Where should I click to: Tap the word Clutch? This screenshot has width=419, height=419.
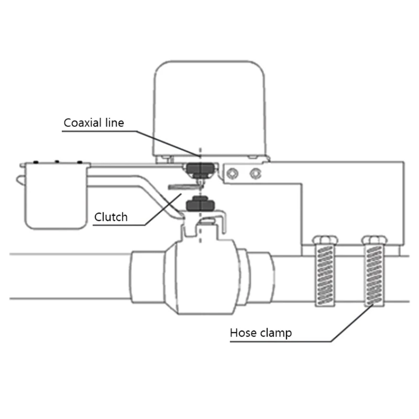[x=111, y=217]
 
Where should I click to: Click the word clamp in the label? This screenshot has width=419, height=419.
[x=276, y=333]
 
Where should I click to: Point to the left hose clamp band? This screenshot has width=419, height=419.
[x=325, y=275]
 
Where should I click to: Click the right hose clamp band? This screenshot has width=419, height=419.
[x=374, y=275]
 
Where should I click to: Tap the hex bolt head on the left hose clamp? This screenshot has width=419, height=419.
[x=325, y=240]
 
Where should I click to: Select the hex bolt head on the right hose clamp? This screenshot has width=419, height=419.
[x=374, y=240]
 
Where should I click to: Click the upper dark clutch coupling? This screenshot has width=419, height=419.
[x=201, y=170]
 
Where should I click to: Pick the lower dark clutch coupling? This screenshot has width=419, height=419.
[x=201, y=203]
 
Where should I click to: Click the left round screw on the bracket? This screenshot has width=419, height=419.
[x=232, y=174]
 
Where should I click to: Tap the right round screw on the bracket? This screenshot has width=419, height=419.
[x=256, y=174]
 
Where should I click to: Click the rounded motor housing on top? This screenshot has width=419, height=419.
[x=209, y=109]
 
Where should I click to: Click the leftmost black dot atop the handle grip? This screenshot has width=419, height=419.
[x=36, y=162]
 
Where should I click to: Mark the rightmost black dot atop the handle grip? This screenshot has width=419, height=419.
[x=80, y=162]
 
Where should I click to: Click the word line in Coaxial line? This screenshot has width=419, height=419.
[x=115, y=123]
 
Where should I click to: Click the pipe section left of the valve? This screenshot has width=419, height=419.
[x=70, y=277]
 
